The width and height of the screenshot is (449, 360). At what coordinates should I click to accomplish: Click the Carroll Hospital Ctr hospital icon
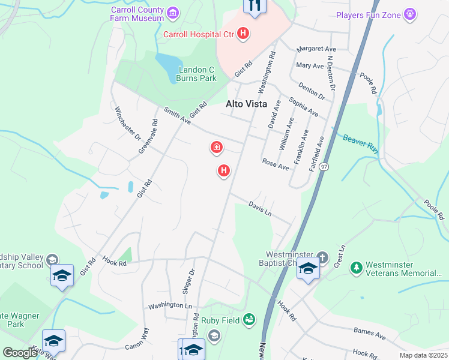click(243, 34)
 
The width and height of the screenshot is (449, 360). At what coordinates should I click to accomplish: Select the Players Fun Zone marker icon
click(411, 13)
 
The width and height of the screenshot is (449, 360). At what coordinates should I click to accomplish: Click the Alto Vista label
click(247, 104)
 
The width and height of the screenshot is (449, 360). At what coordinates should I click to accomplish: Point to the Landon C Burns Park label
click(197, 73)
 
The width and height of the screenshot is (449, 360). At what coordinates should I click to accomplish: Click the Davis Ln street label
click(261, 209)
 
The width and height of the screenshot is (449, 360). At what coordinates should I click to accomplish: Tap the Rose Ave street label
click(276, 163)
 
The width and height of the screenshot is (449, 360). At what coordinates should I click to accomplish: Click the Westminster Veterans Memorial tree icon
click(357, 266)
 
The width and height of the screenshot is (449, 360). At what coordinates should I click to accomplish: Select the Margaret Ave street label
click(316, 49)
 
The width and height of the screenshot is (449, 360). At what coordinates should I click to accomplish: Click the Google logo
click(20, 353)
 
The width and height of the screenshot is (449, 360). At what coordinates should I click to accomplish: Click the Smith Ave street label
click(177, 116)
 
